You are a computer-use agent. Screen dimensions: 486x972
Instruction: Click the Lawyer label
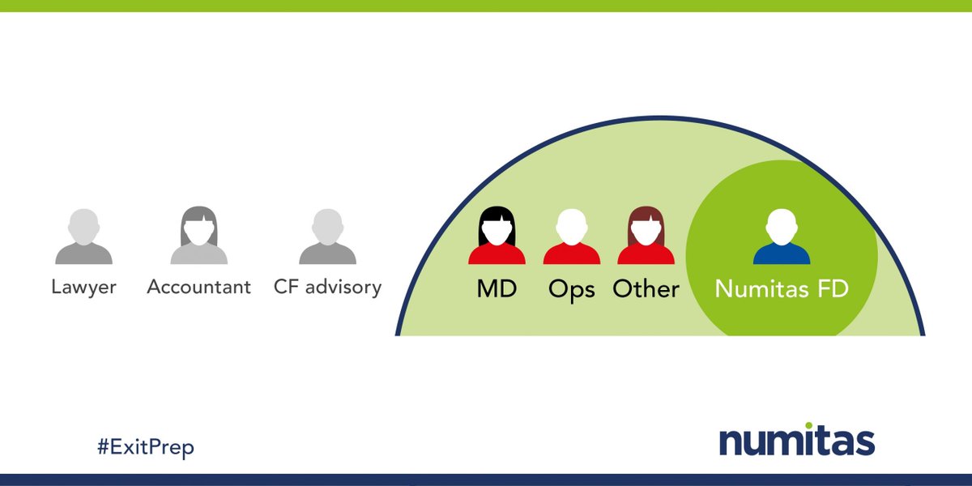point(83,287)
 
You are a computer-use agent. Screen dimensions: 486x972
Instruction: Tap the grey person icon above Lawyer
point(83,237)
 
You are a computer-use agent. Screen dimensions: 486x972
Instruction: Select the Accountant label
point(198,287)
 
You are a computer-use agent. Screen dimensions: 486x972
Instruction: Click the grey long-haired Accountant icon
point(198,236)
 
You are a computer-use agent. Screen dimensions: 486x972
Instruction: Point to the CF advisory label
point(327,287)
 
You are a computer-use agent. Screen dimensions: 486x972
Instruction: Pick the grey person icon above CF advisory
point(327,237)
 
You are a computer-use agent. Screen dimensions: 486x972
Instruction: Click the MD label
point(497,289)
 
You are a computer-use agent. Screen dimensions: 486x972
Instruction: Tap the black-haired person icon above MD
point(497,236)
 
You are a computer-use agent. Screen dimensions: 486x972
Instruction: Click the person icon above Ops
point(571,236)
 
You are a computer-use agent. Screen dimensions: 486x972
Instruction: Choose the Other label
point(646,289)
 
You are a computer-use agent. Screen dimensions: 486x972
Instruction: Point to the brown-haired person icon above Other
point(646,236)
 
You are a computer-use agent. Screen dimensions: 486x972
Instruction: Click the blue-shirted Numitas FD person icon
point(782,236)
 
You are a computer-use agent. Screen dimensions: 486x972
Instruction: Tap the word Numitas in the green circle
point(761,289)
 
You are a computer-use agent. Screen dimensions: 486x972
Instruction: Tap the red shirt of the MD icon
point(497,254)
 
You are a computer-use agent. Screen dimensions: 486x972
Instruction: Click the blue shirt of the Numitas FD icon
point(782,254)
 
